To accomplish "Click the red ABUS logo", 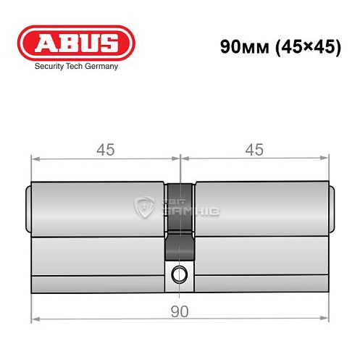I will tap(75, 43).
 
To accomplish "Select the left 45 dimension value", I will tap(106, 150).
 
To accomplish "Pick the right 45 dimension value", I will tap(254, 150).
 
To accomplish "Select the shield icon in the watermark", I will tap(145, 208).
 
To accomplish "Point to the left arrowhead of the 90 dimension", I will tap(34, 319).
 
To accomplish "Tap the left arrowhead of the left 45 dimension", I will tap(34, 158).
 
